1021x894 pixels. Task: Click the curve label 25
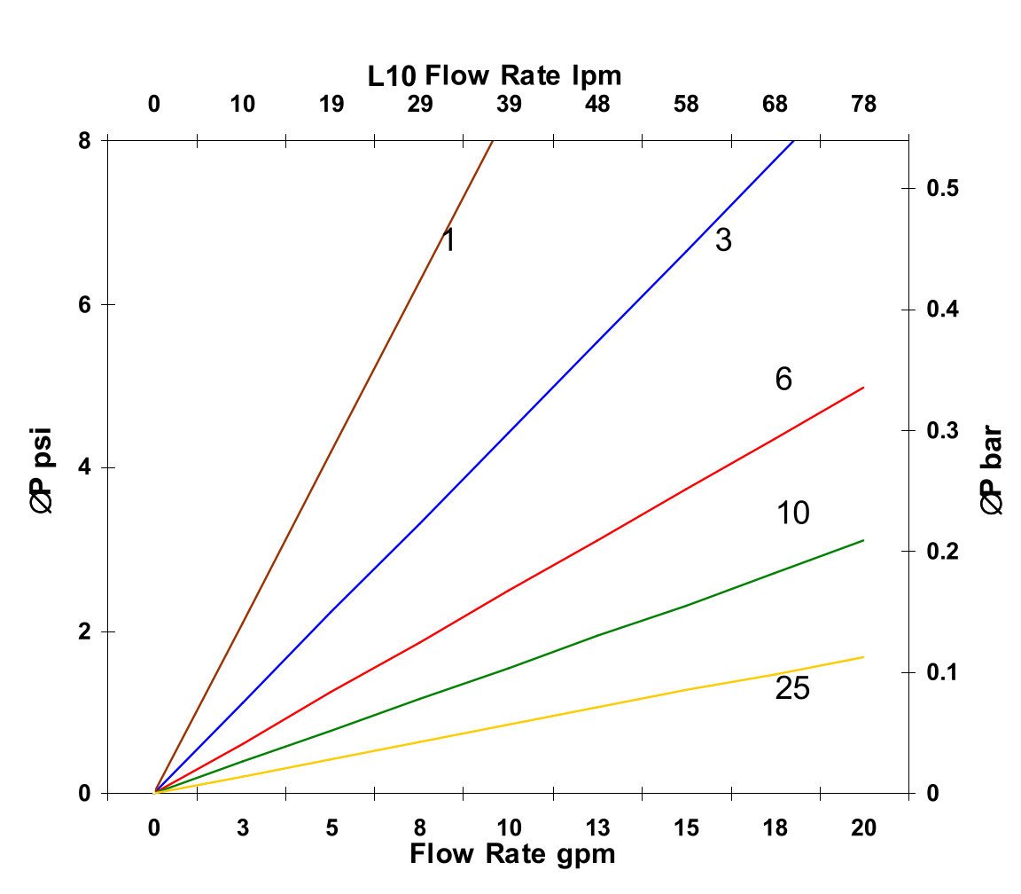792,689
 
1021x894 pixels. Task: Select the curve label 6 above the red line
783,380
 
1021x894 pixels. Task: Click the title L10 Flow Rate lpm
495,76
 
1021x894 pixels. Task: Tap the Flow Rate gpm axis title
511,854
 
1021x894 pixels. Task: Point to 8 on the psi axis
85,140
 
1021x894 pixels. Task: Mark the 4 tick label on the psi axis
85,467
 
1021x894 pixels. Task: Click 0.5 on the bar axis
945,189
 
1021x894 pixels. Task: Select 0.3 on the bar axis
945,431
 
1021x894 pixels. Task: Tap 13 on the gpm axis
598,828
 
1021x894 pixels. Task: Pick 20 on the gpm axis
864,828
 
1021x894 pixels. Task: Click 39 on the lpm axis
509,105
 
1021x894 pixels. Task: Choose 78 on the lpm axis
864,105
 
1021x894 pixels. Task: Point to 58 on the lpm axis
686,105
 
